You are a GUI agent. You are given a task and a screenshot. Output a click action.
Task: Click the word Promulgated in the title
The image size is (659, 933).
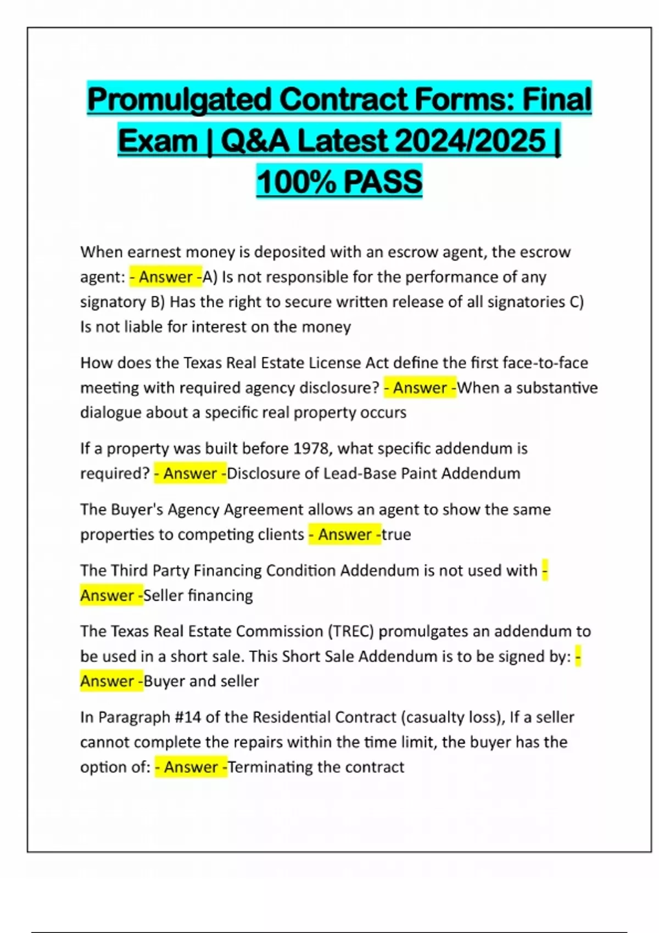point(180,100)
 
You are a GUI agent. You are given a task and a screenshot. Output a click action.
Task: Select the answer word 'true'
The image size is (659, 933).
point(396,535)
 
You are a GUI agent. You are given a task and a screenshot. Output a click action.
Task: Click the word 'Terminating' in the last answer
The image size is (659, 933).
point(270,767)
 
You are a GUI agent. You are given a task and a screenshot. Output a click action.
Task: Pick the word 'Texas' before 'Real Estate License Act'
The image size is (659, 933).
point(202,363)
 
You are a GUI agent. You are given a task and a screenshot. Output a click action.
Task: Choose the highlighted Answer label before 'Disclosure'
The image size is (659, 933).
point(190,473)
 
